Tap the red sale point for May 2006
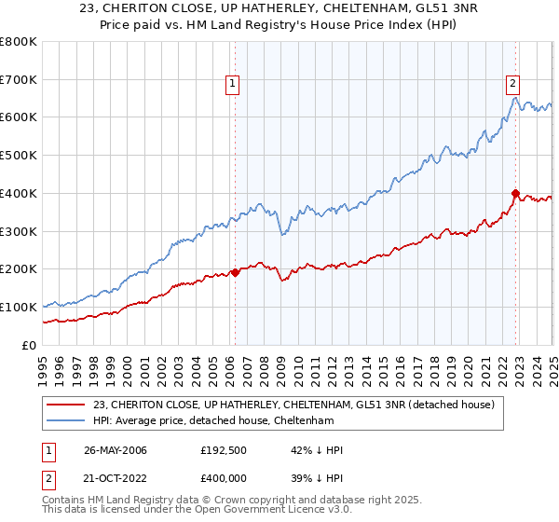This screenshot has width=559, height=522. (235, 272)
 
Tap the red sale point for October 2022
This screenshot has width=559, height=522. (515, 193)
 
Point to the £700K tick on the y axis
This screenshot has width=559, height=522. (19, 80)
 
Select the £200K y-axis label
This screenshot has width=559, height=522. (19, 269)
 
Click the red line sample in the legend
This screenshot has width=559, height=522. (67, 404)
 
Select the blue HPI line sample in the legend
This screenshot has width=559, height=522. (67, 421)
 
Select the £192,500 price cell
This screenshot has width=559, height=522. (222, 450)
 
